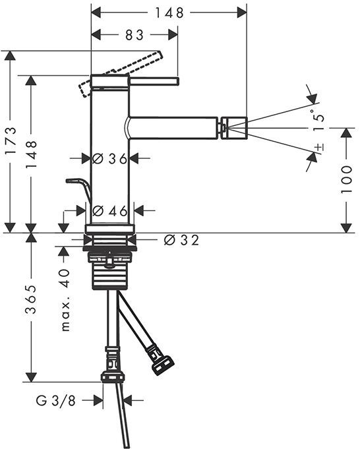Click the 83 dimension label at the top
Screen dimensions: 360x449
pyautogui.click(x=135, y=35)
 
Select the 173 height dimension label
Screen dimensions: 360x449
pyautogui.click(x=11, y=140)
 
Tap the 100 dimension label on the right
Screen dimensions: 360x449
pyautogui.click(x=347, y=179)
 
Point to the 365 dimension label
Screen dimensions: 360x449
pyautogui.click(x=31, y=299)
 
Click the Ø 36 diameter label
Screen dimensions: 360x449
pyautogui.click(x=109, y=158)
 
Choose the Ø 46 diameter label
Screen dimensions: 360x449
pyautogui.click(x=110, y=211)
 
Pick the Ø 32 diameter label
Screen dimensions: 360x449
pyautogui.click(x=181, y=240)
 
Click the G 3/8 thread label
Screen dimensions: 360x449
pyautogui.click(x=56, y=401)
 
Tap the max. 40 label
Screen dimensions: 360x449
pyautogui.click(x=65, y=300)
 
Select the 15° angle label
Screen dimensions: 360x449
pyautogui.click(x=318, y=119)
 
